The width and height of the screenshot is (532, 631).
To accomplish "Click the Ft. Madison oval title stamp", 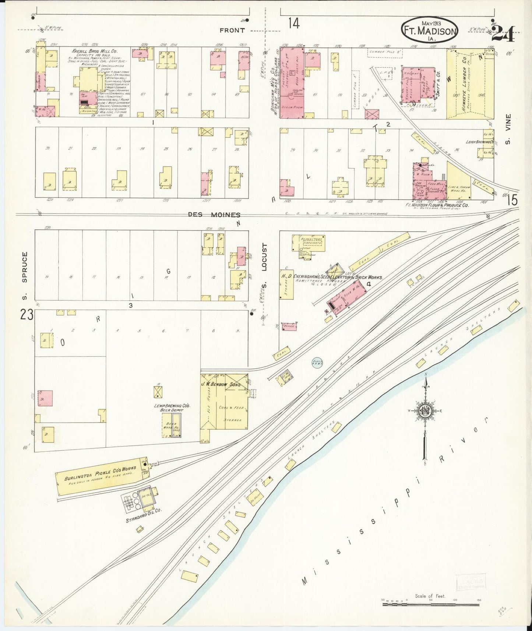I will click(429, 31).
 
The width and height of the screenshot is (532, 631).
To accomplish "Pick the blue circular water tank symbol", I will click(317, 363).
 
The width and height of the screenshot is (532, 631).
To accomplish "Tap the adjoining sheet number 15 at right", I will click(512, 200).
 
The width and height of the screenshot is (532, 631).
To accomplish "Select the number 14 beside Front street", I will click(294, 24).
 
